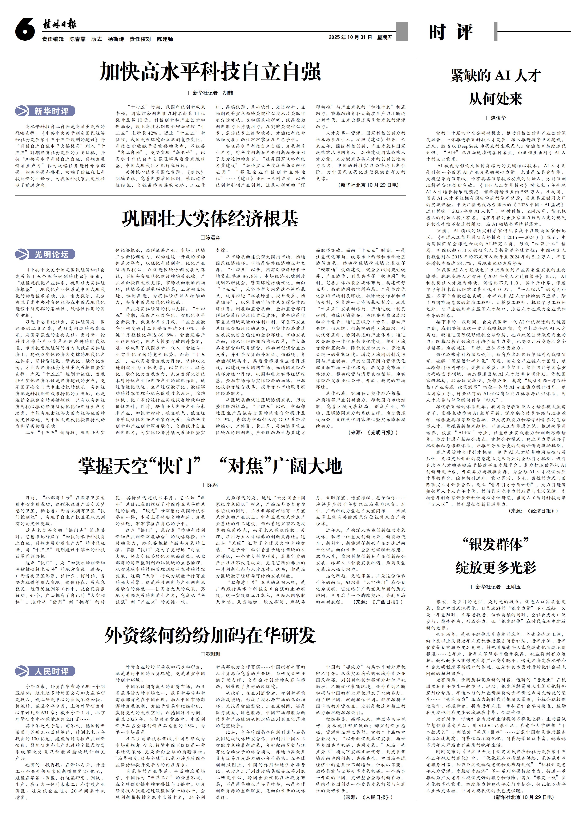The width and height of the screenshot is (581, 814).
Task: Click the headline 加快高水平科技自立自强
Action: (x=210, y=72)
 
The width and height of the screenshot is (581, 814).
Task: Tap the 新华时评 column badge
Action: (x=45, y=111)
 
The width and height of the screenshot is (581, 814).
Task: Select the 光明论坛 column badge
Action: (x=45, y=254)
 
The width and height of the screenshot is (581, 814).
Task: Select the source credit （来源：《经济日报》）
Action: (x=533, y=511)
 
